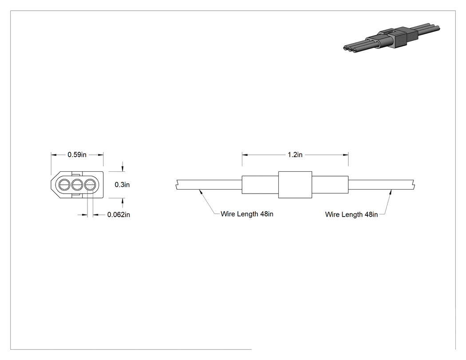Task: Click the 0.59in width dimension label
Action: point(77,154)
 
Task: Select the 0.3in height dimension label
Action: point(122,185)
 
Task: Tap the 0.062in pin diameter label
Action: point(118,215)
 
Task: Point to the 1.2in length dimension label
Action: point(295,154)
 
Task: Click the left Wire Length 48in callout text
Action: point(247,214)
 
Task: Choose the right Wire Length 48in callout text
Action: point(351,215)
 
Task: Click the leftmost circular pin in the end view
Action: point(64,185)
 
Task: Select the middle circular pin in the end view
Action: point(77,185)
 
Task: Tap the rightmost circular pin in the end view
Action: point(90,185)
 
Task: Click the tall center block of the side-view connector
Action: point(295,185)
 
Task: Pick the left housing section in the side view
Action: point(260,185)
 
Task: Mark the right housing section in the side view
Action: point(330,185)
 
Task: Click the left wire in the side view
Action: point(209,185)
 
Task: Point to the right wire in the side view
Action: point(381,185)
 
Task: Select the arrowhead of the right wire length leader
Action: point(391,192)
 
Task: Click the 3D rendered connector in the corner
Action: point(391,39)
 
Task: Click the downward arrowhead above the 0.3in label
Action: point(122,169)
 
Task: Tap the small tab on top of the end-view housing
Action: point(76,174)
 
